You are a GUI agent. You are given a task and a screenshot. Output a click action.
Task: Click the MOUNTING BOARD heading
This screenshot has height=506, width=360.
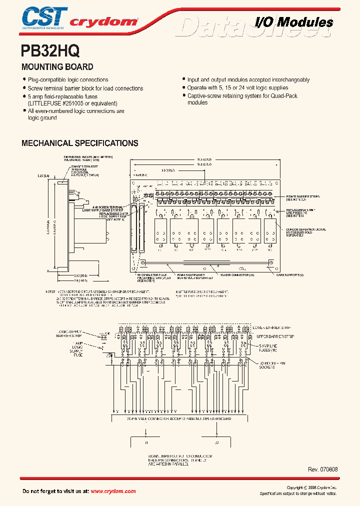click(57, 66)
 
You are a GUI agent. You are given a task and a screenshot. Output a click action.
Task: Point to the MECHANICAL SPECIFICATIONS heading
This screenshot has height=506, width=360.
click(79, 143)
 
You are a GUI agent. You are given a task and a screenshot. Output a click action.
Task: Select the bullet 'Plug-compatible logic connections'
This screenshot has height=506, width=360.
click(68, 80)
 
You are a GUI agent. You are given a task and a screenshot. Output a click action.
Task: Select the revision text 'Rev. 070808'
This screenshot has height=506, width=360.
click(323, 470)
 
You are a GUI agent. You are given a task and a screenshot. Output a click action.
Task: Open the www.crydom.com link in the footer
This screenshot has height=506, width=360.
click(113, 491)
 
